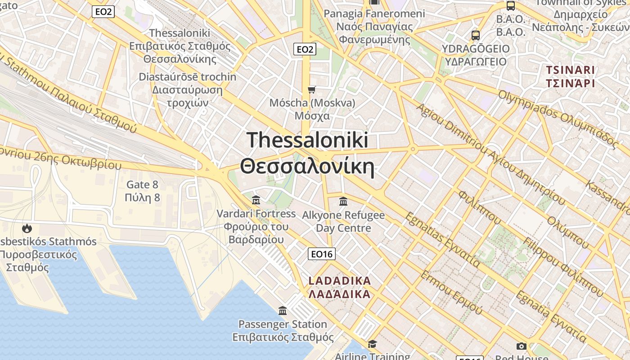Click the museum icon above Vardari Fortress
(x=256, y=200)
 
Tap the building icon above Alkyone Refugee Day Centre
(x=343, y=201)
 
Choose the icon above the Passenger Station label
(x=283, y=310)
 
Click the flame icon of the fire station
(x=27, y=228)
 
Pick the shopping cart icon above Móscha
(x=312, y=90)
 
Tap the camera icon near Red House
(x=522, y=346)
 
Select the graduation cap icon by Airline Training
(x=372, y=344)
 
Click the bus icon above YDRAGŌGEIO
(x=475, y=35)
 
